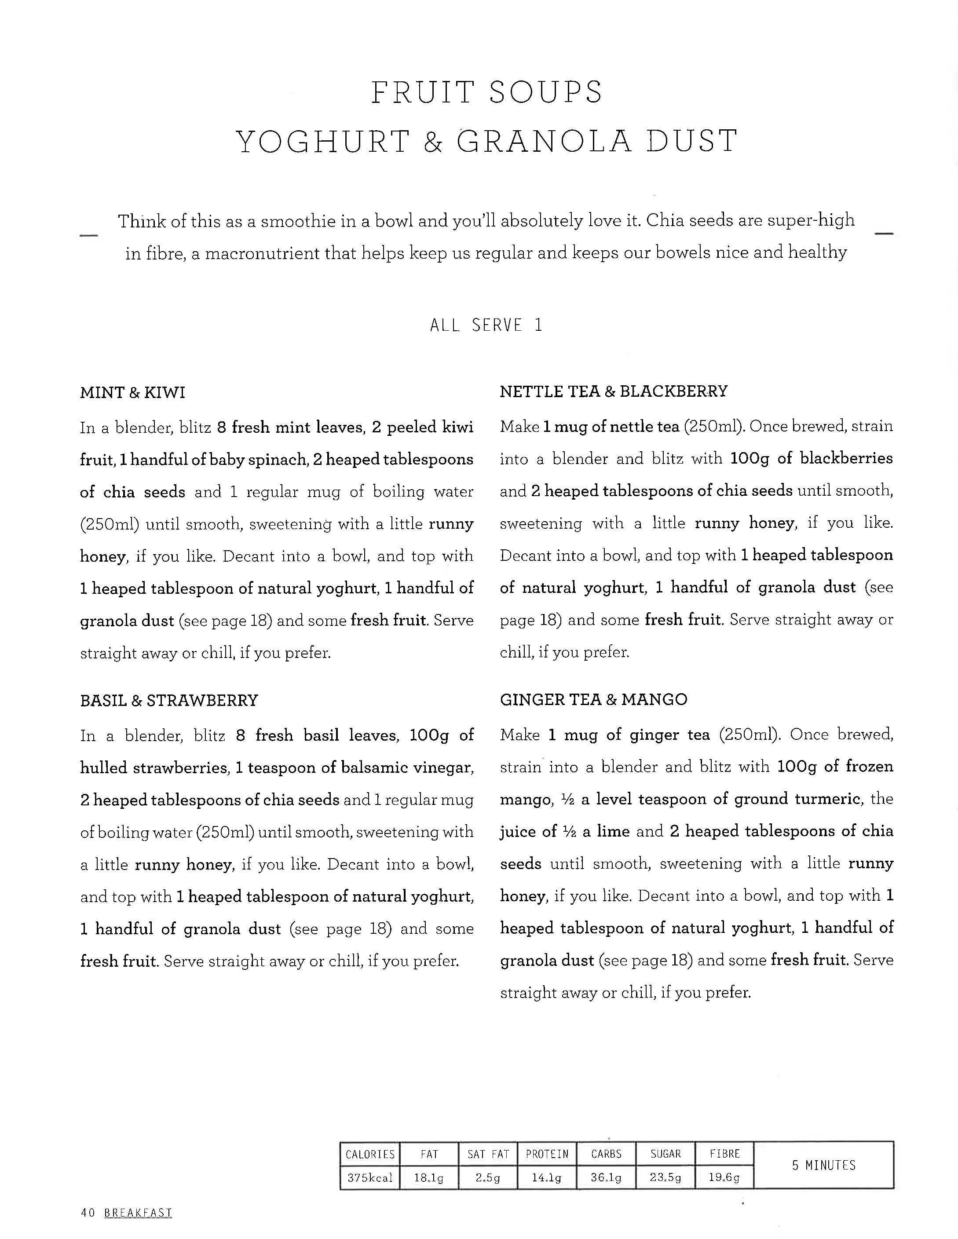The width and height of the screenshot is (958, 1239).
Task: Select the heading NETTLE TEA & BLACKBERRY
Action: coord(613,391)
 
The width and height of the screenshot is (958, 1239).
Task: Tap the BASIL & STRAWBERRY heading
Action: coord(168,700)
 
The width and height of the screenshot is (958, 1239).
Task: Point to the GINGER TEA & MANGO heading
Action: coord(593,699)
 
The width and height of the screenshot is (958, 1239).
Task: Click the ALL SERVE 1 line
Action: coord(486,325)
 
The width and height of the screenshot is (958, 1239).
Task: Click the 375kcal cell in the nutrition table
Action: coord(370,1178)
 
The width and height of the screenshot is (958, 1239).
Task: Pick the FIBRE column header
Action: coord(724,1154)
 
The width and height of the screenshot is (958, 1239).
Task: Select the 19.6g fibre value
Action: coord(724,1178)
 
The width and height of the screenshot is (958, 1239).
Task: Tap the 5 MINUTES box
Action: coord(823,1165)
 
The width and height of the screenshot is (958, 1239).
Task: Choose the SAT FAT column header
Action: coord(488,1154)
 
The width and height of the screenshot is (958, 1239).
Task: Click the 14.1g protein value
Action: coord(547,1178)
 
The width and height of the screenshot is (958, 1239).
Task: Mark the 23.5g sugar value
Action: coord(665,1178)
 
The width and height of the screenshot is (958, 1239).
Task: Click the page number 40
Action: coord(88,1213)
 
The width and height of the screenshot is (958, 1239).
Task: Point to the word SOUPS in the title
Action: coord(546,92)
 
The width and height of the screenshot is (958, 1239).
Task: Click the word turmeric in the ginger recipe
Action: coord(827,799)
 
